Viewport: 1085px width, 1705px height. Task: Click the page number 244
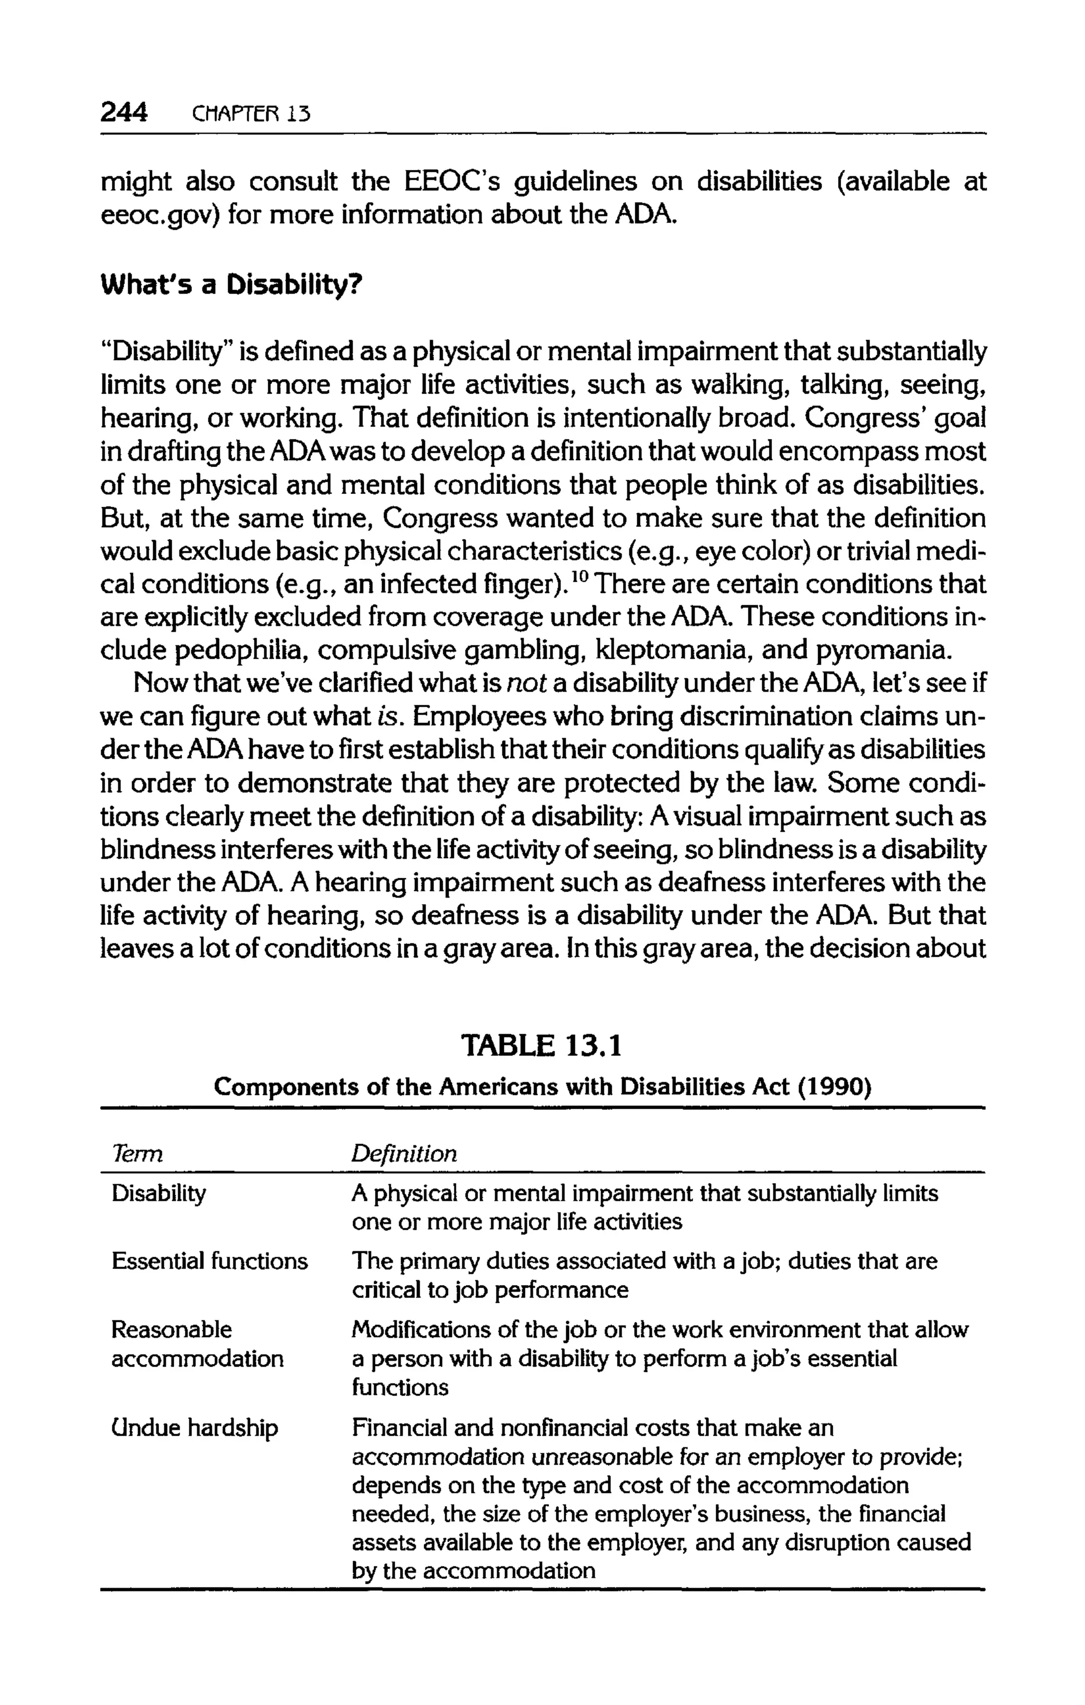tap(124, 112)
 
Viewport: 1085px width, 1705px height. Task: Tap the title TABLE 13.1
tap(541, 1046)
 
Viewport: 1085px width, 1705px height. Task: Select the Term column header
tap(137, 1155)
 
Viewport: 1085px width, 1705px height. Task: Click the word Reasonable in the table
tap(171, 1329)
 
